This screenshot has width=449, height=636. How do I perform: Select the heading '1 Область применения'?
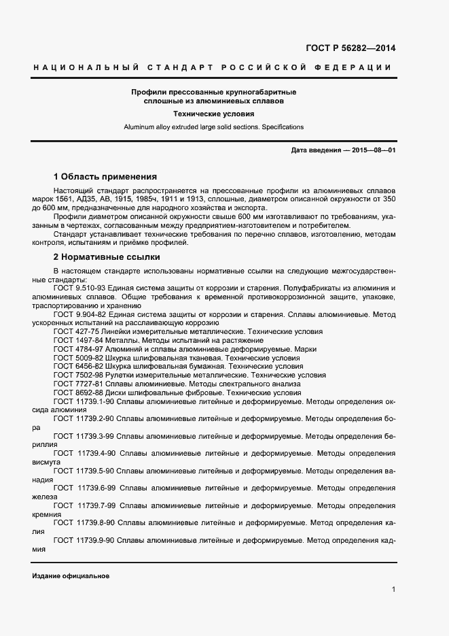coord(105,175)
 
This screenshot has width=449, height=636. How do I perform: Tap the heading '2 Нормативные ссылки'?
coord(107,257)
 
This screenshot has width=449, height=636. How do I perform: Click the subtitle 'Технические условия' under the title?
coord(214,114)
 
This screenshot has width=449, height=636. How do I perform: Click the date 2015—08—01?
coord(373,150)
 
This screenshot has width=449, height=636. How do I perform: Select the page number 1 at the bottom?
coord(393,589)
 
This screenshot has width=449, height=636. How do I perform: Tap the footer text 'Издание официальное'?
coord(71,575)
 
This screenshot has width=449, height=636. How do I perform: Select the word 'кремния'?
coord(46,515)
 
